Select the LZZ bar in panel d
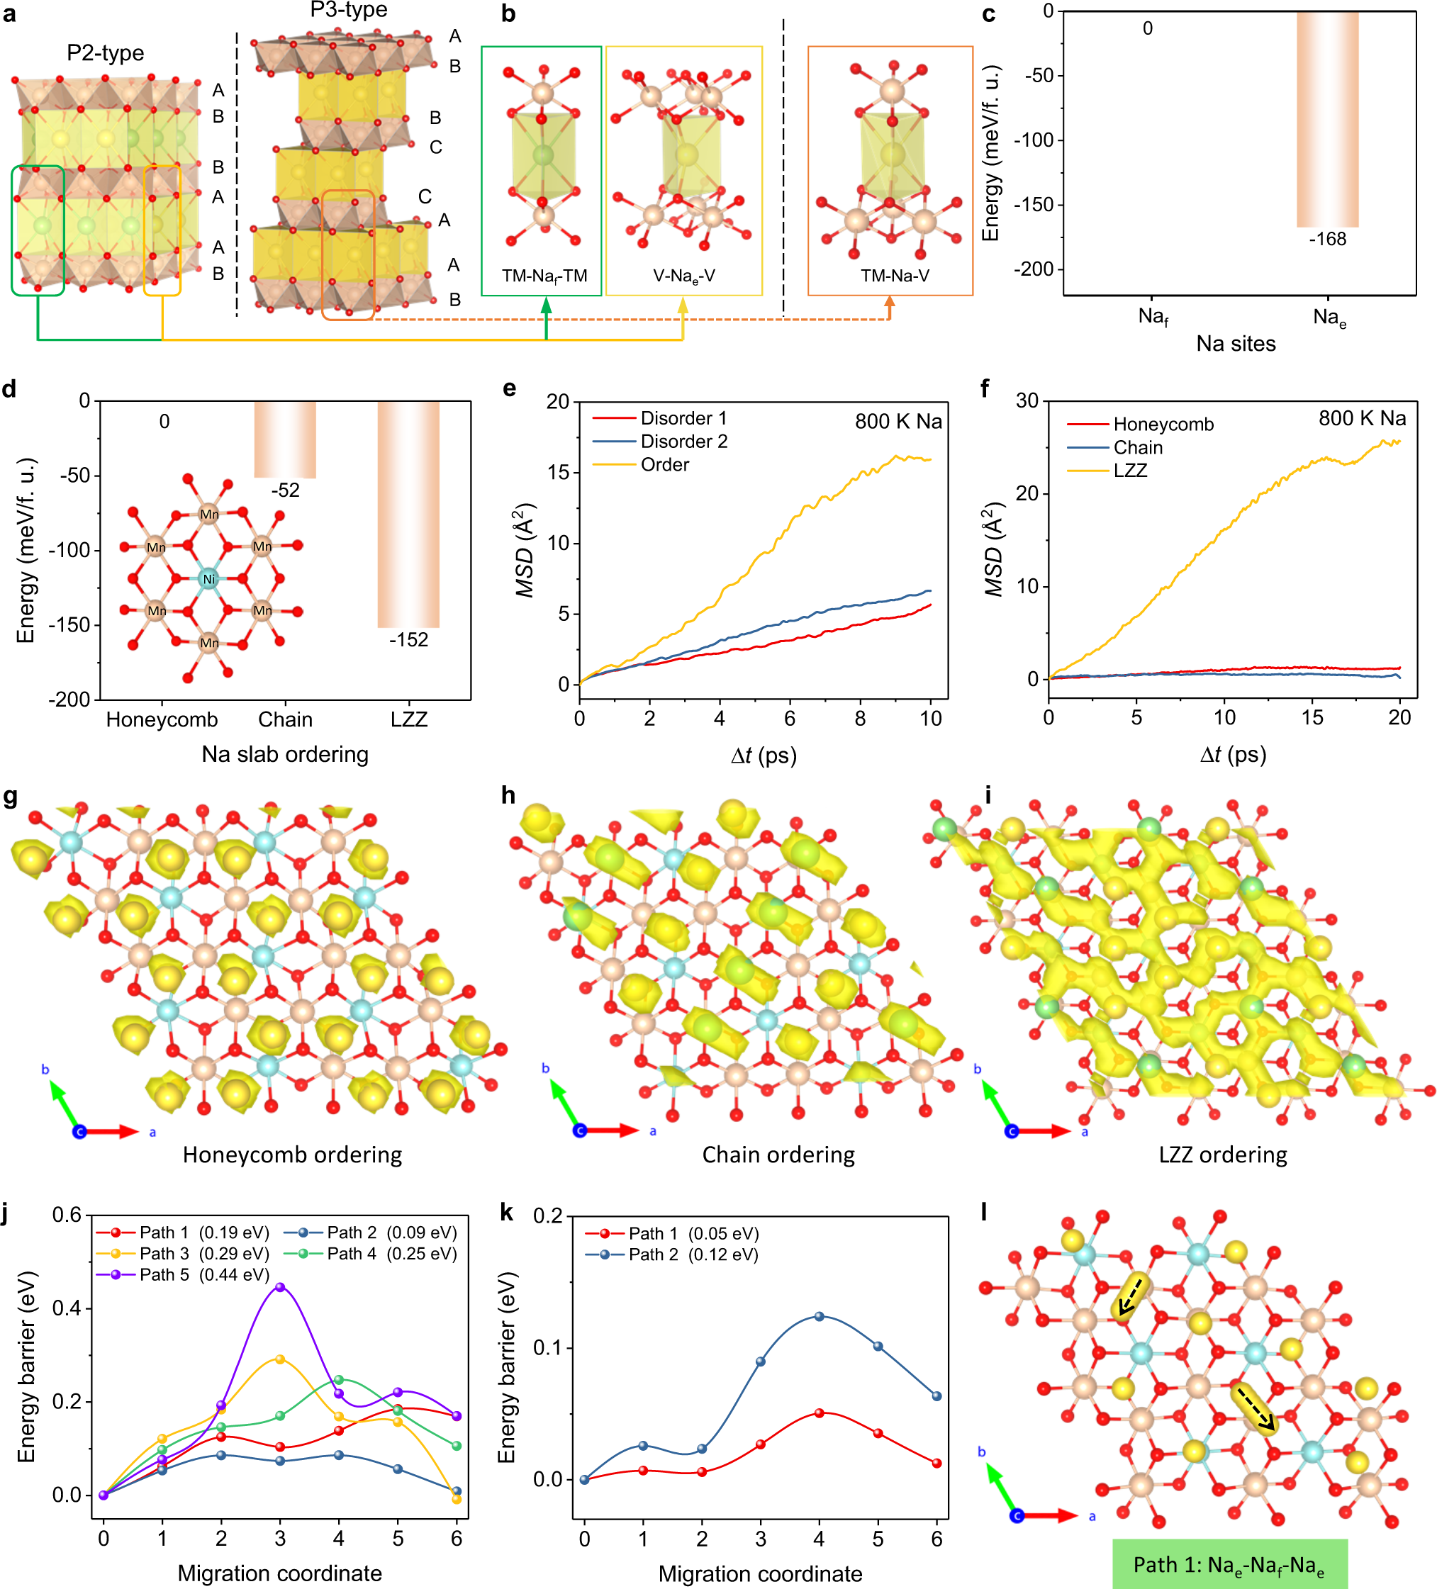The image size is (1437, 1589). [408, 514]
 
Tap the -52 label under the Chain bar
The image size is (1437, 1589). [286, 490]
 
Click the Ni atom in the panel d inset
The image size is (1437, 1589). [208, 578]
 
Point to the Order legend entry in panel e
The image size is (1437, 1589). [664, 465]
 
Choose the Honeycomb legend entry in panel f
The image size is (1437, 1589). [1163, 425]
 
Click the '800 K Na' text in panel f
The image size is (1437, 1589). [1361, 419]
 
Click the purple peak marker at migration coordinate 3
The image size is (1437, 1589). [280, 1286]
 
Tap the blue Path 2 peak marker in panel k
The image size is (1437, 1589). [819, 1316]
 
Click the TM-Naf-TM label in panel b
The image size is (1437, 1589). [544, 276]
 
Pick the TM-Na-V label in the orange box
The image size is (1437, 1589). [895, 276]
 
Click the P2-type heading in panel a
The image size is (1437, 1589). [105, 53]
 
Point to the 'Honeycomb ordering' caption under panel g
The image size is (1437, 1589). [293, 1155]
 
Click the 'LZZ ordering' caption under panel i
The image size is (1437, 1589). [1223, 1155]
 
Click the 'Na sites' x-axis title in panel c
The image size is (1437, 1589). [1235, 344]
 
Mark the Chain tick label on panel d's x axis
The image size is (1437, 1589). [286, 719]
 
